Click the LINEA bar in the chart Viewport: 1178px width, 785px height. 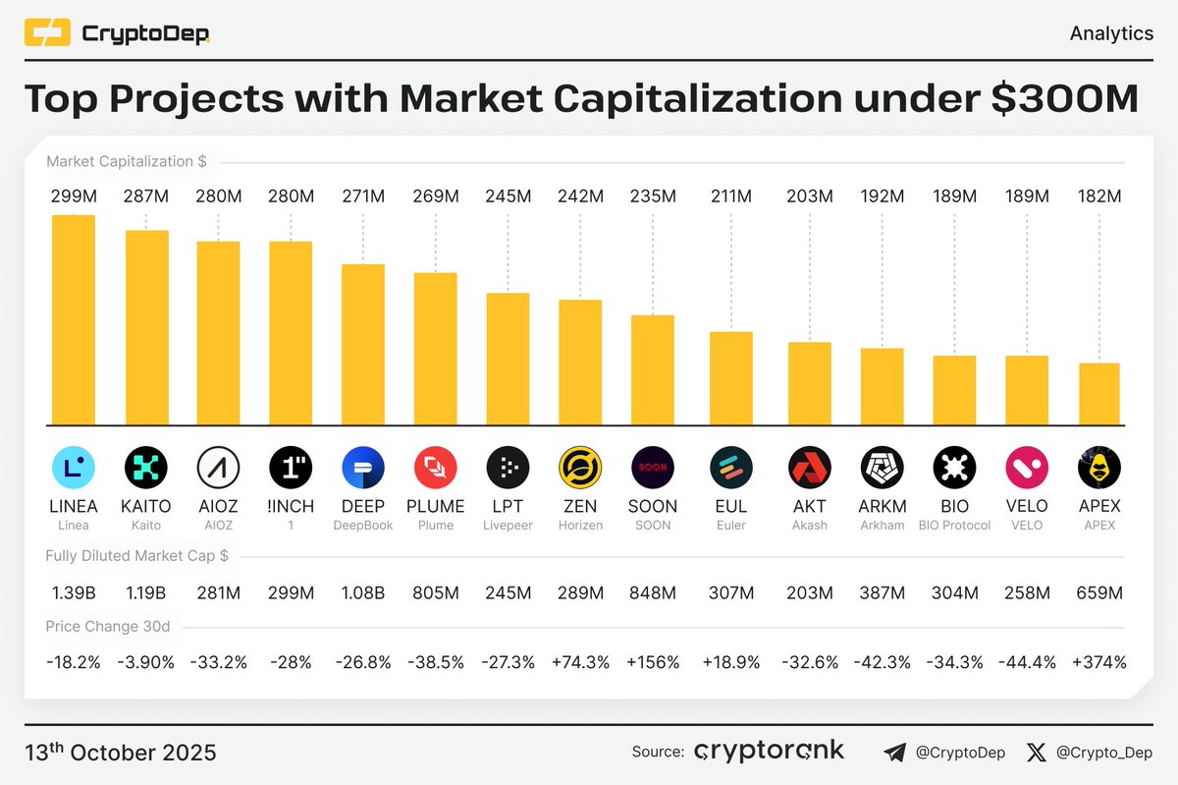coord(74,319)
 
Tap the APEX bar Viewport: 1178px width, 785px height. coord(1098,393)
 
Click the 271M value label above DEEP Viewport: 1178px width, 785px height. coord(363,196)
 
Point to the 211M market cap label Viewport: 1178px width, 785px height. coord(731,196)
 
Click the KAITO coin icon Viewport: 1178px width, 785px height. coord(145,468)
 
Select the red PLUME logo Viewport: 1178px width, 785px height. coord(436,468)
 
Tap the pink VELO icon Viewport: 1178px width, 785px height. coord(1026,468)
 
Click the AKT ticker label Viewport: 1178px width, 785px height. coord(810,506)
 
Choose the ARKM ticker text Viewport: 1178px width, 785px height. coord(882,506)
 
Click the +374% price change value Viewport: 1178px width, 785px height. coord(1099,662)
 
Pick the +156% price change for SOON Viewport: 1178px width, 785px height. coord(653,662)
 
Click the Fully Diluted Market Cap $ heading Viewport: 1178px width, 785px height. coord(136,556)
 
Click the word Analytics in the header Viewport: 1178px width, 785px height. coord(1111,33)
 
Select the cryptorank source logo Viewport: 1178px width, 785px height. coord(769,752)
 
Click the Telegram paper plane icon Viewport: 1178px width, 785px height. coord(894,753)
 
